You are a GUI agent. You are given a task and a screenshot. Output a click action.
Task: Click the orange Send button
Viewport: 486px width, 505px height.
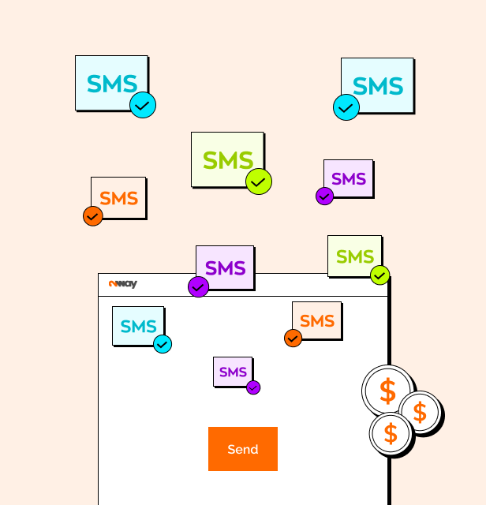[x=242, y=449]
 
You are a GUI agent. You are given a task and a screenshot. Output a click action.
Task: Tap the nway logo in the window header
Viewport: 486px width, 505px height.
[x=123, y=284]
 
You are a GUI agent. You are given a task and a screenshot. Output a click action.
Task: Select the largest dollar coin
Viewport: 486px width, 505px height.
[x=387, y=391]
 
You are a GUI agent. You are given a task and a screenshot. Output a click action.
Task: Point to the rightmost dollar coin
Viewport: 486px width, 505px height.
[x=419, y=411]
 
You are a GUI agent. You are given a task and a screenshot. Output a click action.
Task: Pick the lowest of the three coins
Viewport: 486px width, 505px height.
[x=391, y=433]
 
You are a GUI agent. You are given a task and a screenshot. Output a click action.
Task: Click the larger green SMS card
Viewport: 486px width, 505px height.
[x=227, y=159]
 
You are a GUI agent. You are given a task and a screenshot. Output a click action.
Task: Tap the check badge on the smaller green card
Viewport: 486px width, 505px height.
[x=380, y=275]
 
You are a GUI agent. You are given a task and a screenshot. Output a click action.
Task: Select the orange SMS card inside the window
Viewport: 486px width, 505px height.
[x=317, y=320]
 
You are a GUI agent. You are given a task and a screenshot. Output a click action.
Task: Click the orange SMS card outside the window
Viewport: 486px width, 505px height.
[x=119, y=197]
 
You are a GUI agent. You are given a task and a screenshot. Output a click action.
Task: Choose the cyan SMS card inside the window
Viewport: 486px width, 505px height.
[x=138, y=325]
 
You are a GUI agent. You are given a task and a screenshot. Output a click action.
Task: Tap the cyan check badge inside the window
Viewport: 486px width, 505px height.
[x=163, y=344]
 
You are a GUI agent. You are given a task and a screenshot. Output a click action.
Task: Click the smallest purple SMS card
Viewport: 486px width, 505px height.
[x=233, y=371]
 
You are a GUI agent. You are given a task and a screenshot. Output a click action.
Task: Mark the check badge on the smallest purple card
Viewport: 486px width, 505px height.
[x=253, y=387]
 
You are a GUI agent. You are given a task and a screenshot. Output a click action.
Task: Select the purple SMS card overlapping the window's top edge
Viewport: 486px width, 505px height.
[x=226, y=267]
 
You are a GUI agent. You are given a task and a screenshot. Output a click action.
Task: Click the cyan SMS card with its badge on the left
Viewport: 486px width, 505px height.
[x=378, y=85]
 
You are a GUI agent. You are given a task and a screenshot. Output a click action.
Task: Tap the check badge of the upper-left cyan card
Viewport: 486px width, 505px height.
[x=143, y=105]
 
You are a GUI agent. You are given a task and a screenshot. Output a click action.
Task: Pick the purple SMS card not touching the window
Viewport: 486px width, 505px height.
[x=349, y=178]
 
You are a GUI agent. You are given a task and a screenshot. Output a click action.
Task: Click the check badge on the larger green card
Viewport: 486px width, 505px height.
[x=259, y=181]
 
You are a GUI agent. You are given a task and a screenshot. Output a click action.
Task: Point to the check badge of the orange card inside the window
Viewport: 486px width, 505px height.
[x=293, y=338]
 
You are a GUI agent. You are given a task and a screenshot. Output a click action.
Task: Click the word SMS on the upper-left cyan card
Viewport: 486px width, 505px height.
[x=111, y=83]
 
